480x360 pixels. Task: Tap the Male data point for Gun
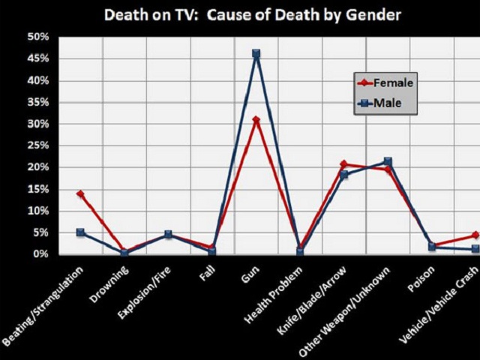[256, 54]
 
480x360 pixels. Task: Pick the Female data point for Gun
[256, 119]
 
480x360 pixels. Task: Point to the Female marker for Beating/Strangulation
[80, 193]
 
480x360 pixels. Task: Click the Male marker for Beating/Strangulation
[80, 232]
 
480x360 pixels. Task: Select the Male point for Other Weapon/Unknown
[388, 161]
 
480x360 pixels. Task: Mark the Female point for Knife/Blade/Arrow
[343, 164]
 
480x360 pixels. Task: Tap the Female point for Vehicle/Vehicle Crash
[475, 235]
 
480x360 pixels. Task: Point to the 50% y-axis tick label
[38, 37]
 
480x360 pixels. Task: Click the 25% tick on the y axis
[38, 145]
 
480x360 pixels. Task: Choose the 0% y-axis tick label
[41, 254]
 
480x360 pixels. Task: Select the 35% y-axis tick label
[38, 102]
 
